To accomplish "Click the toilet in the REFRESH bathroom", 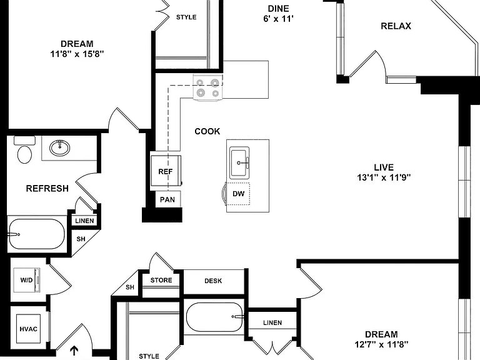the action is [24, 150].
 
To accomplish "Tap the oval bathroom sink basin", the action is [59, 148].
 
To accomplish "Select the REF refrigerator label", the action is [165, 172].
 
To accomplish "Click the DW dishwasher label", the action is [239, 194].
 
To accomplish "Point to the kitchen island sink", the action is [239, 162].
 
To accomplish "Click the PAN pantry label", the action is [167, 200].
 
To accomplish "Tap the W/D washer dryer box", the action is [27, 280].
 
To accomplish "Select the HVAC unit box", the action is [29, 329].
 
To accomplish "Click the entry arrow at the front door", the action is [74, 351].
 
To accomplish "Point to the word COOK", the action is [207, 131].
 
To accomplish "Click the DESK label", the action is [213, 281].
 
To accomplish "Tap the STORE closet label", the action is [161, 280].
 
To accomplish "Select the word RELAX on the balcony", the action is [396, 26].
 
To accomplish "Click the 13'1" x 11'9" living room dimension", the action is [384, 177].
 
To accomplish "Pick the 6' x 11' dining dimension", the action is [278, 19].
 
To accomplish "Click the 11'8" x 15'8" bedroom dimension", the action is [77, 54].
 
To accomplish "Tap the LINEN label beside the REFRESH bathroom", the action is [84, 221].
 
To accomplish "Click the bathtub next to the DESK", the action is [215, 317].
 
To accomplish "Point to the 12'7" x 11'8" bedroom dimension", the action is [381, 344].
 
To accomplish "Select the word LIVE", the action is [384, 167].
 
